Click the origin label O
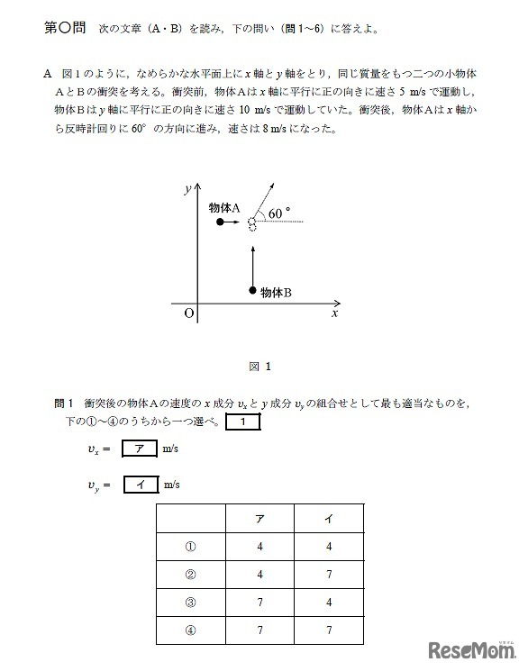(188, 313)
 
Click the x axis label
(334, 314)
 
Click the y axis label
(186, 189)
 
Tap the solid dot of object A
(219, 221)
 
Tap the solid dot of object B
(252, 290)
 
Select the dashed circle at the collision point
(252, 222)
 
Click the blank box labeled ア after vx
(138, 449)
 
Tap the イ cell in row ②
(329, 572)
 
